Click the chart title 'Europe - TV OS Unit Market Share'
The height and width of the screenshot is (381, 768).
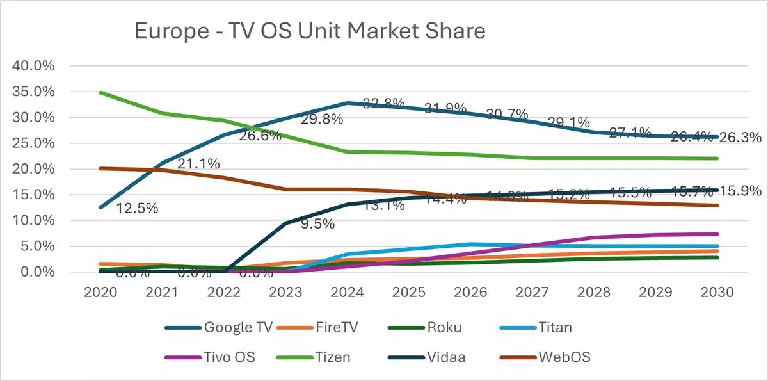tap(310, 31)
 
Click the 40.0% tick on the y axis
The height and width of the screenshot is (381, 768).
tap(36, 66)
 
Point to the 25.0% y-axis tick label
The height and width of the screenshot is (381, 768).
tap(36, 143)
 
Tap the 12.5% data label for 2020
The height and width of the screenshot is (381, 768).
tap(137, 209)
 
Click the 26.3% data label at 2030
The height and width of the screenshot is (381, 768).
tap(740, 138)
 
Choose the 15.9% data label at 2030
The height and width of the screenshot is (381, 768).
tap(740, 191)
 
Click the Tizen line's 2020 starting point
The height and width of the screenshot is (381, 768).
tap(101, 93)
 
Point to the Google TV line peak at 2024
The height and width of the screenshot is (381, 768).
tap(347, 102)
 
